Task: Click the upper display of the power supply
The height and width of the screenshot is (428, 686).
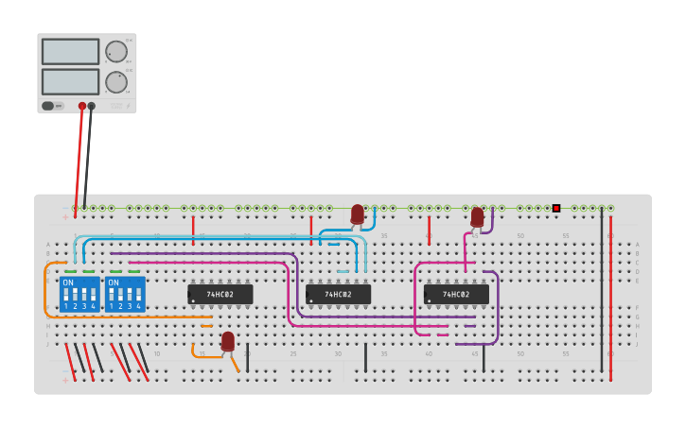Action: [70, 51]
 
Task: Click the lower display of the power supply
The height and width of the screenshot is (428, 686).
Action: [70, 81]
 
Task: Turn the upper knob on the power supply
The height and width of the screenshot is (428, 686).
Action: [115, 51]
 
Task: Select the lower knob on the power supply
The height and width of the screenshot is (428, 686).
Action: [115, 82]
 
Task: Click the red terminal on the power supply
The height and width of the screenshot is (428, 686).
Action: [82, 107]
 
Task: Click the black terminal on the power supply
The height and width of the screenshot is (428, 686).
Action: [92, 107]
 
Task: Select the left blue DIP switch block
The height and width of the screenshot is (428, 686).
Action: [79, 294]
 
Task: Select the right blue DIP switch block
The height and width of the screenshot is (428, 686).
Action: [125, 294]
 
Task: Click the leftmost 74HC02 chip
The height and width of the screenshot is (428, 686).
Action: [220, 295]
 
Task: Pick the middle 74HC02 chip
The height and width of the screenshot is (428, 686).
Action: [338, 295]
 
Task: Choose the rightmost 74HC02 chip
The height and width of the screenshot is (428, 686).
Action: [456, 295]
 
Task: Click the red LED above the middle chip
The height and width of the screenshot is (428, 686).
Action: [357, 214]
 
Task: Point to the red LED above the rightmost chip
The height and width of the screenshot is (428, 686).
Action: [477, 217]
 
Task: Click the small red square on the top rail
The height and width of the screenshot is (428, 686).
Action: [556, 208]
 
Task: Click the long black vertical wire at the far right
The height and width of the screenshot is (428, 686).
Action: [601, 293]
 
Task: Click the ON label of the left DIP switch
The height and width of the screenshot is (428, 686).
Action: [68, 282]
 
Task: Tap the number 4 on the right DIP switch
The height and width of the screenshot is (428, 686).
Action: [138, 306]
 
